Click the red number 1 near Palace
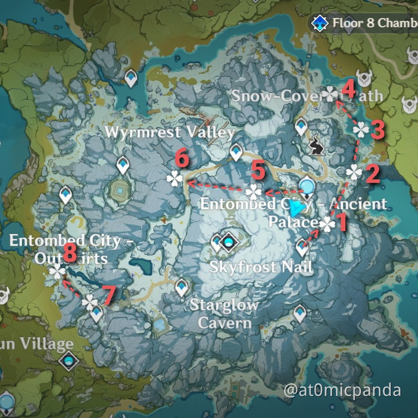click(341, 221)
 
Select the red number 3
click(378, 129)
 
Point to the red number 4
click(348, 90)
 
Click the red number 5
click(258, 171)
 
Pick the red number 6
click(182, 157)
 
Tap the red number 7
click(109, 294)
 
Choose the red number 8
click(70, 252)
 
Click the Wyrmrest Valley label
click(170, 132)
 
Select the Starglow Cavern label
click(225, 313)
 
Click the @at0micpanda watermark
click(343, 391)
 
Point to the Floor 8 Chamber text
click(374, 23)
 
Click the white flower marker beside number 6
click(174, 178)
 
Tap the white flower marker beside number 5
click(253, 192)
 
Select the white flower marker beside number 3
click(361, 130)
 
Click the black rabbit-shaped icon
click(317, 146)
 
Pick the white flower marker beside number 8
click(57, 272)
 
